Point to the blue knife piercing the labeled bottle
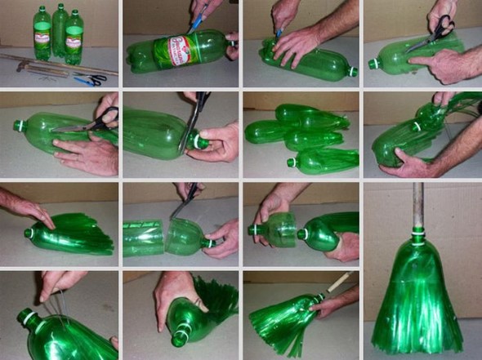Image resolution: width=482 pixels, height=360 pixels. (196, 22)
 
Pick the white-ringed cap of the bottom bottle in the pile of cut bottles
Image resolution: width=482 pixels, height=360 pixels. (292, 162)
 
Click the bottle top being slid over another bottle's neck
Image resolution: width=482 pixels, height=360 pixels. (279, 229)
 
